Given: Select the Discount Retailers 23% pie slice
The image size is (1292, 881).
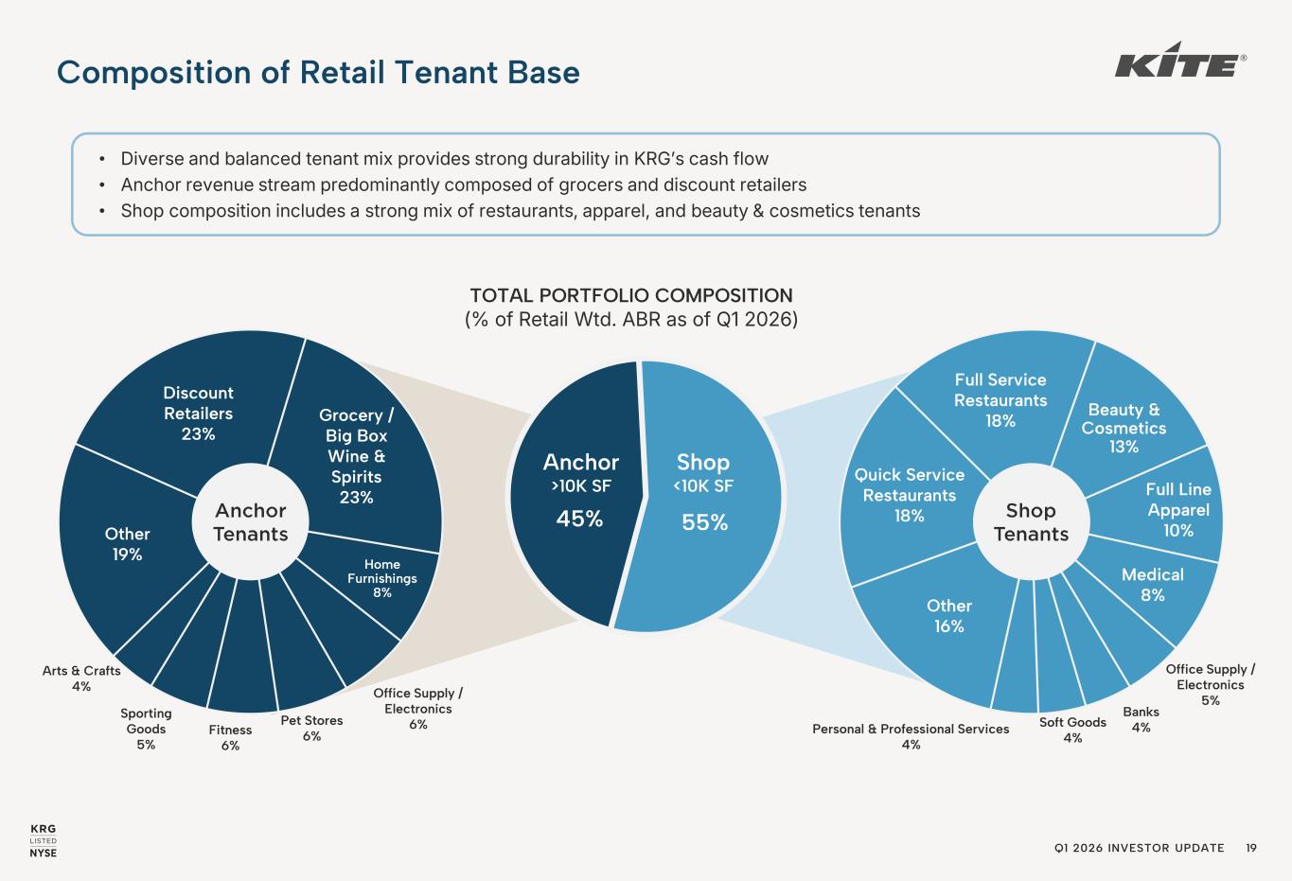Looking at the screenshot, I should click(x=198, y=413).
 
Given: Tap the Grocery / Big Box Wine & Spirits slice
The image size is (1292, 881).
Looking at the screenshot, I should click(x=356, y=455).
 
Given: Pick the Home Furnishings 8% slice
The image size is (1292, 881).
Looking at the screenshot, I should click(x=382, y=579).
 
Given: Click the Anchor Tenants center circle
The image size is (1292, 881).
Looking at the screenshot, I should click(x=250, y=522).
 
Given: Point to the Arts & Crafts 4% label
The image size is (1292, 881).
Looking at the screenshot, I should click(x=81, y=678).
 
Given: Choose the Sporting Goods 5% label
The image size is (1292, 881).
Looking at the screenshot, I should click(x=146, y=729).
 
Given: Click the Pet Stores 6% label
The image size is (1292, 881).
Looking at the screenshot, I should click(x=311, y=728).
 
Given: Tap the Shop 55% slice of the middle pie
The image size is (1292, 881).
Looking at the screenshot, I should click(x=704, y=491).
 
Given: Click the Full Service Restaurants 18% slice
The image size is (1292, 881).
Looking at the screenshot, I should click(x=1000, y=399).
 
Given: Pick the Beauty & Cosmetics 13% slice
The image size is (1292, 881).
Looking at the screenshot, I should click(x=1124, y=427).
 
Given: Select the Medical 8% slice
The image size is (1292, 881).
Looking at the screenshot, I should click(x=1152, y=584).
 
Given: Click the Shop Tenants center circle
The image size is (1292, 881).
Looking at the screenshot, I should click(x=1031, y=522).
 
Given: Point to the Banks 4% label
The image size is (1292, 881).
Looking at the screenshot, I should click(x=1141, y=719).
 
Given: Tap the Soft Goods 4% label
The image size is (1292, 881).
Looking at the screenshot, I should click(x=1072, y=730).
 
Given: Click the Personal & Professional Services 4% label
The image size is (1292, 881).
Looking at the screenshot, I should click(x=911, y=736).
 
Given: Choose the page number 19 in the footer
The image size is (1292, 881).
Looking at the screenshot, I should click(x=1251, y=848).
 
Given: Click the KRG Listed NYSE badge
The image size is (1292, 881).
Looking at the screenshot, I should click(x=44, y=841).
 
